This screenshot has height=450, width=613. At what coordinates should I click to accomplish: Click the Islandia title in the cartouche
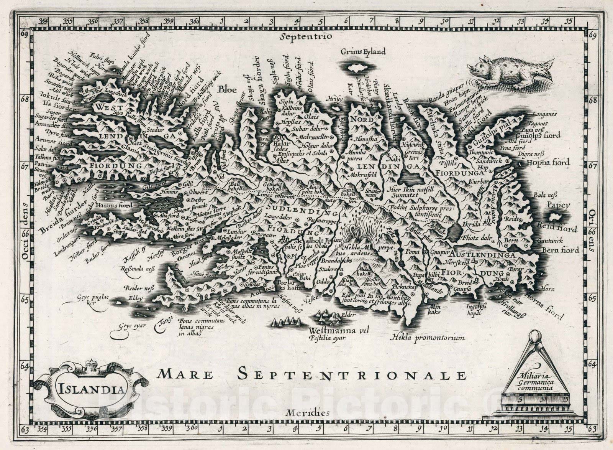click(x=92, y=389)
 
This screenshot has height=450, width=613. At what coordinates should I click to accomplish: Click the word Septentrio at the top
click(x=305, y=37)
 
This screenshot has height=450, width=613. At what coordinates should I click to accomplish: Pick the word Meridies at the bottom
click(x=307, y=413)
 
